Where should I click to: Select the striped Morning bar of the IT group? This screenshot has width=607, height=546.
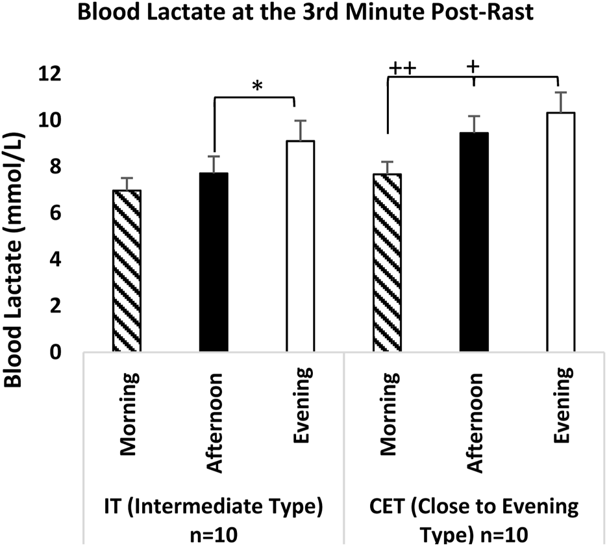coord(127,271)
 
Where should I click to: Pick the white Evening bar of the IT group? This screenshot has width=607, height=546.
coord(301,246)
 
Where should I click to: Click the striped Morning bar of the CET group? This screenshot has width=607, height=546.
coord(387,263)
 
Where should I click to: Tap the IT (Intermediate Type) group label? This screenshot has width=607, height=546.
coord(212,507)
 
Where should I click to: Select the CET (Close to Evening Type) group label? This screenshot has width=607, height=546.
coord(475,507)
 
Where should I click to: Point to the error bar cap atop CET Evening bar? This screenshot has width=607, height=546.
coord(560,92)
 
